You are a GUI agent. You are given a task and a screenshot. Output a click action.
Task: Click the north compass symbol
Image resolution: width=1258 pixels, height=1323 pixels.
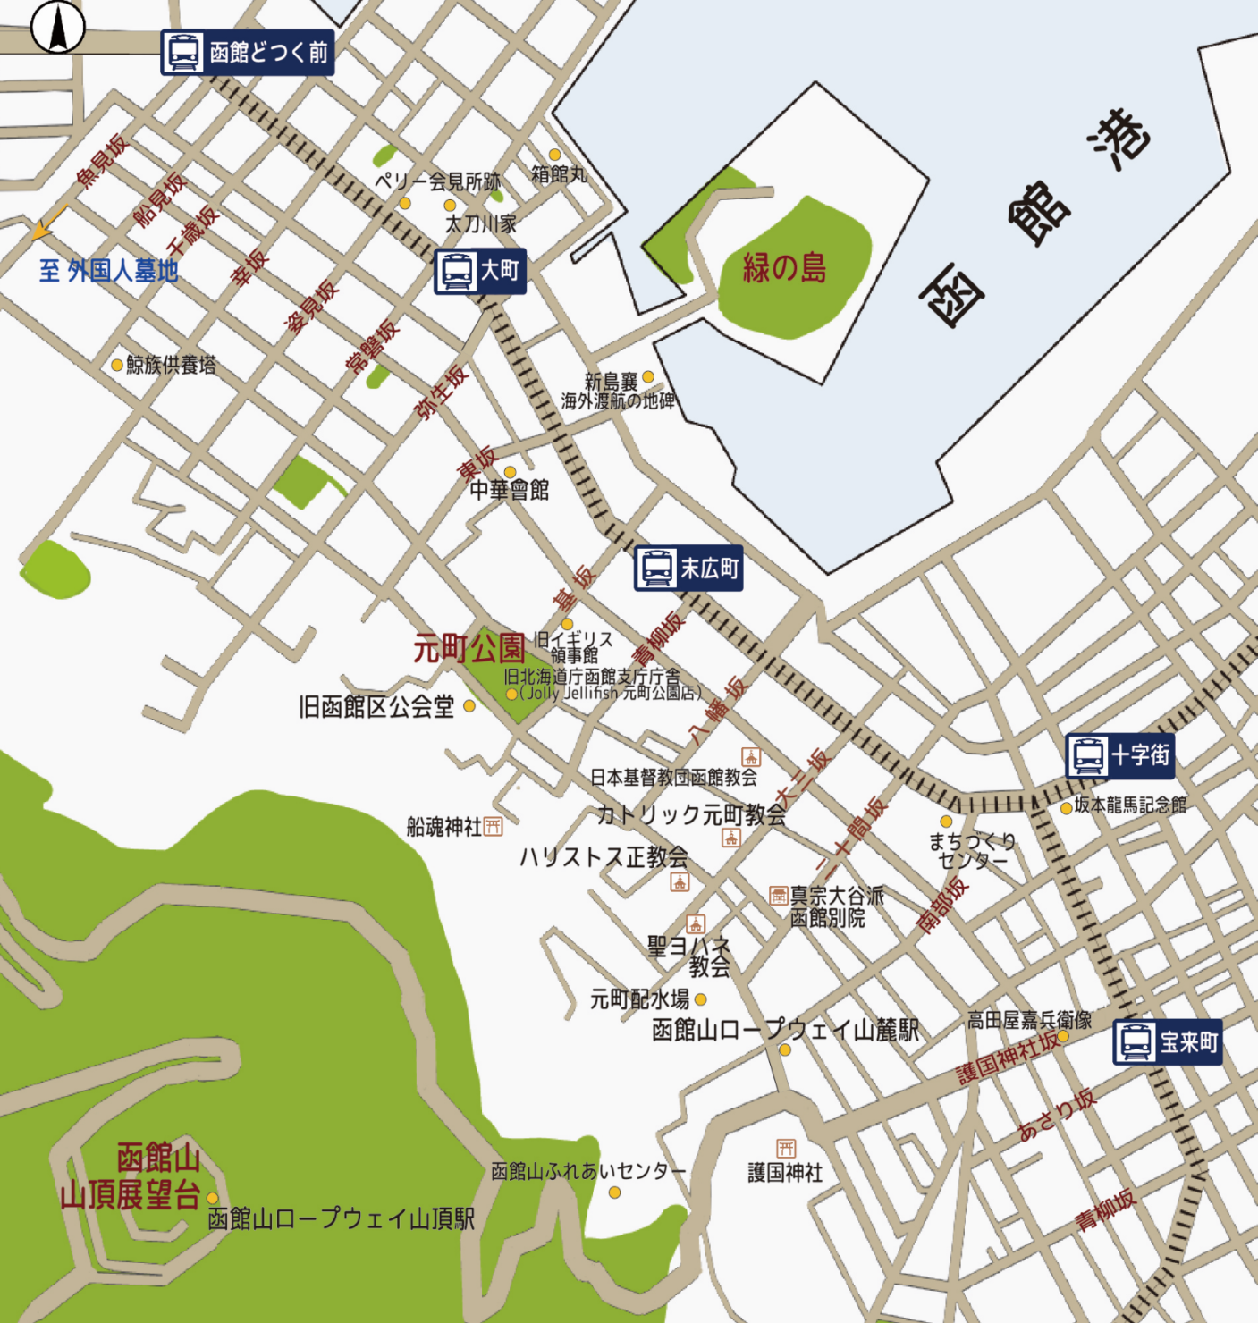pyautogui.click(x=58, y=27)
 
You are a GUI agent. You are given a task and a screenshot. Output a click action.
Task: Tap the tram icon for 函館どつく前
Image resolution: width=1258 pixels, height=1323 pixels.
pyautogui.click(x=183, y=53)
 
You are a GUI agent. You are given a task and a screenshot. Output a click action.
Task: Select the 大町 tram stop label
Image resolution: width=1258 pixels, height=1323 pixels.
pyautogui.click(x=480, y=271)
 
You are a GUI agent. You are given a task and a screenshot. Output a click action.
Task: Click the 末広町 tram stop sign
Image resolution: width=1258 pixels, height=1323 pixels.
pyautogui.click(x=688, y=569)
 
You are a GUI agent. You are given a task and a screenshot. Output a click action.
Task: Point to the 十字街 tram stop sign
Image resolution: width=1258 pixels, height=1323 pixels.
pyautogui.click(x=1120, y=755)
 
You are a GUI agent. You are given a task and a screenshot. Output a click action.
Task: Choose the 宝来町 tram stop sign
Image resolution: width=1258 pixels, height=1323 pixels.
pyautogui.click(x=1168, y=1042)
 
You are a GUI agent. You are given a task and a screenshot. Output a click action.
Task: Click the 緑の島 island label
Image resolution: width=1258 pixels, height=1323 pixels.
pyautogui.click(x=785, y=268)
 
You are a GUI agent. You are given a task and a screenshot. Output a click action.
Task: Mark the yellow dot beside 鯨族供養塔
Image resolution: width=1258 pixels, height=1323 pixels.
pyautogui.click(x=117, y=365)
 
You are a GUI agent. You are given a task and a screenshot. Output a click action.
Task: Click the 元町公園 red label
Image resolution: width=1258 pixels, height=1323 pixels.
pyautogui.click(x=469, y=648)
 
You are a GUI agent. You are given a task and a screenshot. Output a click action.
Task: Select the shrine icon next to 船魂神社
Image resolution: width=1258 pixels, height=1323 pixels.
pyautogui.click(x=494, y=827)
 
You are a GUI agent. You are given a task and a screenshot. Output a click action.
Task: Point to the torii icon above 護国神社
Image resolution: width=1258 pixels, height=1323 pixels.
pyautogui.click(x=785, y=1148)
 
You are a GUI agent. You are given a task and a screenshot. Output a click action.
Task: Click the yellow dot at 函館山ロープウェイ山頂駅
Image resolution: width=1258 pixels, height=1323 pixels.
pyautogui.click(x=213, y=1198)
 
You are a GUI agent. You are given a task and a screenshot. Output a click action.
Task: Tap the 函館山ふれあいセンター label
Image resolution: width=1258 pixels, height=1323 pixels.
pyautogui.click(x=587, y=1171)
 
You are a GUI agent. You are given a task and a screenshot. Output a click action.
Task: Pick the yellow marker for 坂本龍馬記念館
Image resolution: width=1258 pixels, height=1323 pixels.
pyautogui.click(x=1066, y=808)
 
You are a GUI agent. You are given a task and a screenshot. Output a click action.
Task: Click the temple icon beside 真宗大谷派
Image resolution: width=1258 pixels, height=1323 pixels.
pyautogui.click(x=779, y=896)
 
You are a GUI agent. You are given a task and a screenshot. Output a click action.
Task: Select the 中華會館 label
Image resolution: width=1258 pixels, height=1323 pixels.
pyautogui.click(x=510, y=490)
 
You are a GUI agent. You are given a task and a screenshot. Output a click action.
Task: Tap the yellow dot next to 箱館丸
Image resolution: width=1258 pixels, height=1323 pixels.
pyautogui.click(x=554, y=156)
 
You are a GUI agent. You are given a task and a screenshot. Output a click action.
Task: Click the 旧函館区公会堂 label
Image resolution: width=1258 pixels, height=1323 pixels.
pyautogui.click(x=376, y=707)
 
